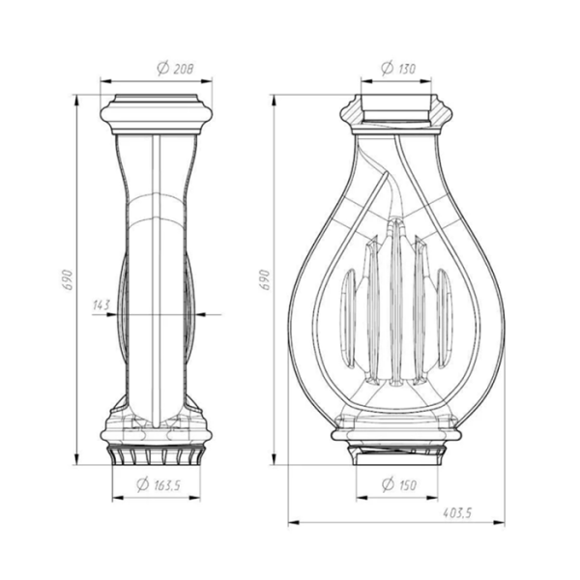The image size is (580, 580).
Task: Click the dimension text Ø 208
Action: pos(175,69)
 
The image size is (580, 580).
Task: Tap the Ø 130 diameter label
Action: pos(398,69)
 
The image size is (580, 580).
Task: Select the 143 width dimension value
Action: pos(101,305)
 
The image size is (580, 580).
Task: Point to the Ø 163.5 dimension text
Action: pos(159,484)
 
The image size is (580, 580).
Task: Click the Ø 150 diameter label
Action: pos(398,484)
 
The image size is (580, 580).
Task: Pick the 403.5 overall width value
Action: pos(457,513)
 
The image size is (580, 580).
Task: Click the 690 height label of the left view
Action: pos(68,279)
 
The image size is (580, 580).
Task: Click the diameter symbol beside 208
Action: pos(162,69)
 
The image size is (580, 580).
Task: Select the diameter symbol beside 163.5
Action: pos(142,484)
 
